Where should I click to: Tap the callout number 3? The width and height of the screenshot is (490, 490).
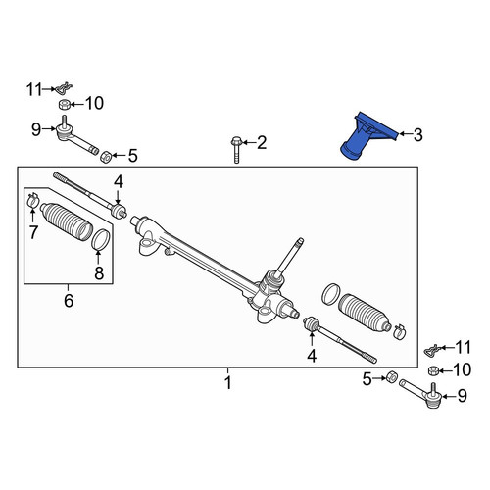click(x=417, y=134)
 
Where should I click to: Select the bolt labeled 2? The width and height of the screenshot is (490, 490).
click(x=235, y=150)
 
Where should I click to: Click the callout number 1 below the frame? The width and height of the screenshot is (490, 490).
click(x=228, y=382)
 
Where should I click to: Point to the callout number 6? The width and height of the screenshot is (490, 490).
click(x=69, y=301)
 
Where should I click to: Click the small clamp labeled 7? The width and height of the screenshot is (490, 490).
click(x=32, y=199)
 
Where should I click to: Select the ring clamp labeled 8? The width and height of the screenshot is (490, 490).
click(x=101, y=239)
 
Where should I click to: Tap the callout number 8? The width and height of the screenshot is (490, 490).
click(x=99, y=273)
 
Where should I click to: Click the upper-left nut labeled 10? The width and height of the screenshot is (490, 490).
click(x=64, y=105)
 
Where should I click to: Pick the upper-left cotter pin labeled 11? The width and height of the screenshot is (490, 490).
click(x=64, y=87)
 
